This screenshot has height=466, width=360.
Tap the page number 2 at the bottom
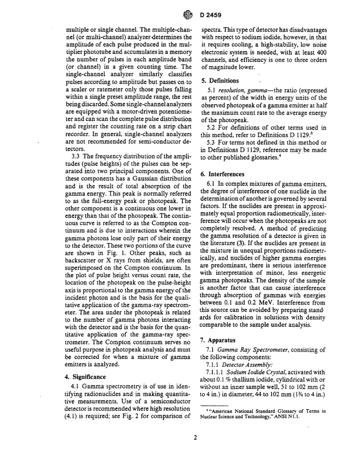(x=195, y=438)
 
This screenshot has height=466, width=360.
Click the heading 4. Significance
(x=86, y=377)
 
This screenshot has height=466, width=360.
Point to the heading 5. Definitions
(x=220, y=81)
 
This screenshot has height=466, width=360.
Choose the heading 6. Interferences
(x=222, y=174)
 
